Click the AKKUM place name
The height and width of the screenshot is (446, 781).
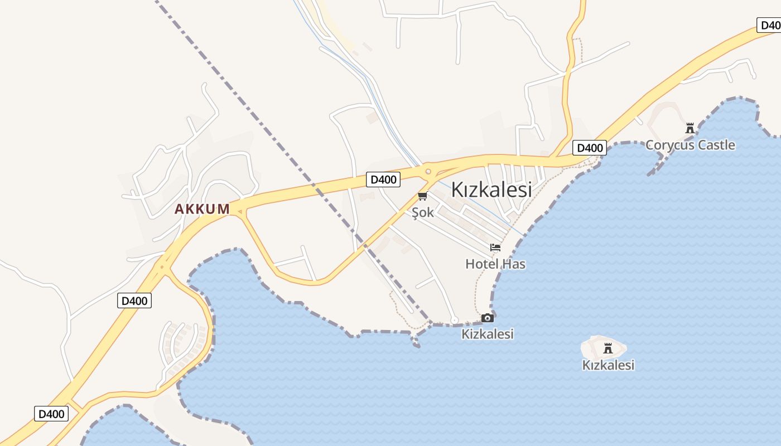(x=202, y=209)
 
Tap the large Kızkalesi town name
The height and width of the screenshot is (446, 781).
(x=491, y=190)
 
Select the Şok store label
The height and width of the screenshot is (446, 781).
(x=422, y=212)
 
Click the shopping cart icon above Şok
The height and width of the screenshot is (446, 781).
(x=422, y=196)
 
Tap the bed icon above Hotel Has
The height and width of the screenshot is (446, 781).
(x=495, y=248)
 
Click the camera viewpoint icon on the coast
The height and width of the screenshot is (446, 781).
(x=488, y=318)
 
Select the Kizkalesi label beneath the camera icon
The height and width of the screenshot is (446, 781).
(x=488, y=334)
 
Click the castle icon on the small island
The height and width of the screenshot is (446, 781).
(x=608, y=349)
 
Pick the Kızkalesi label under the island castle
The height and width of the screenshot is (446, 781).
(x=608, y=365)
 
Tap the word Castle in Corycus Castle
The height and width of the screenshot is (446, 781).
(x=716, y=145)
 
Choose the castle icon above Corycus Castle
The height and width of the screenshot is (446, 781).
(x=690, y=128)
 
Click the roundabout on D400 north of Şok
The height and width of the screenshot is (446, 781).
(x=428, y=172)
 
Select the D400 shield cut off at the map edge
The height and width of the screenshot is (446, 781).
(x=769, y=25)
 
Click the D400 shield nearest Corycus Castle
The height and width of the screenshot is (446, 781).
(x=590, y=148)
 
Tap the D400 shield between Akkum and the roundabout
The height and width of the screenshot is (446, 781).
(x=383, y=180)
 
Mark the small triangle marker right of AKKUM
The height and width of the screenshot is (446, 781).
(x=239, y=211)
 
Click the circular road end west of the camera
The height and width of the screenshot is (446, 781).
(x=455, y=320)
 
